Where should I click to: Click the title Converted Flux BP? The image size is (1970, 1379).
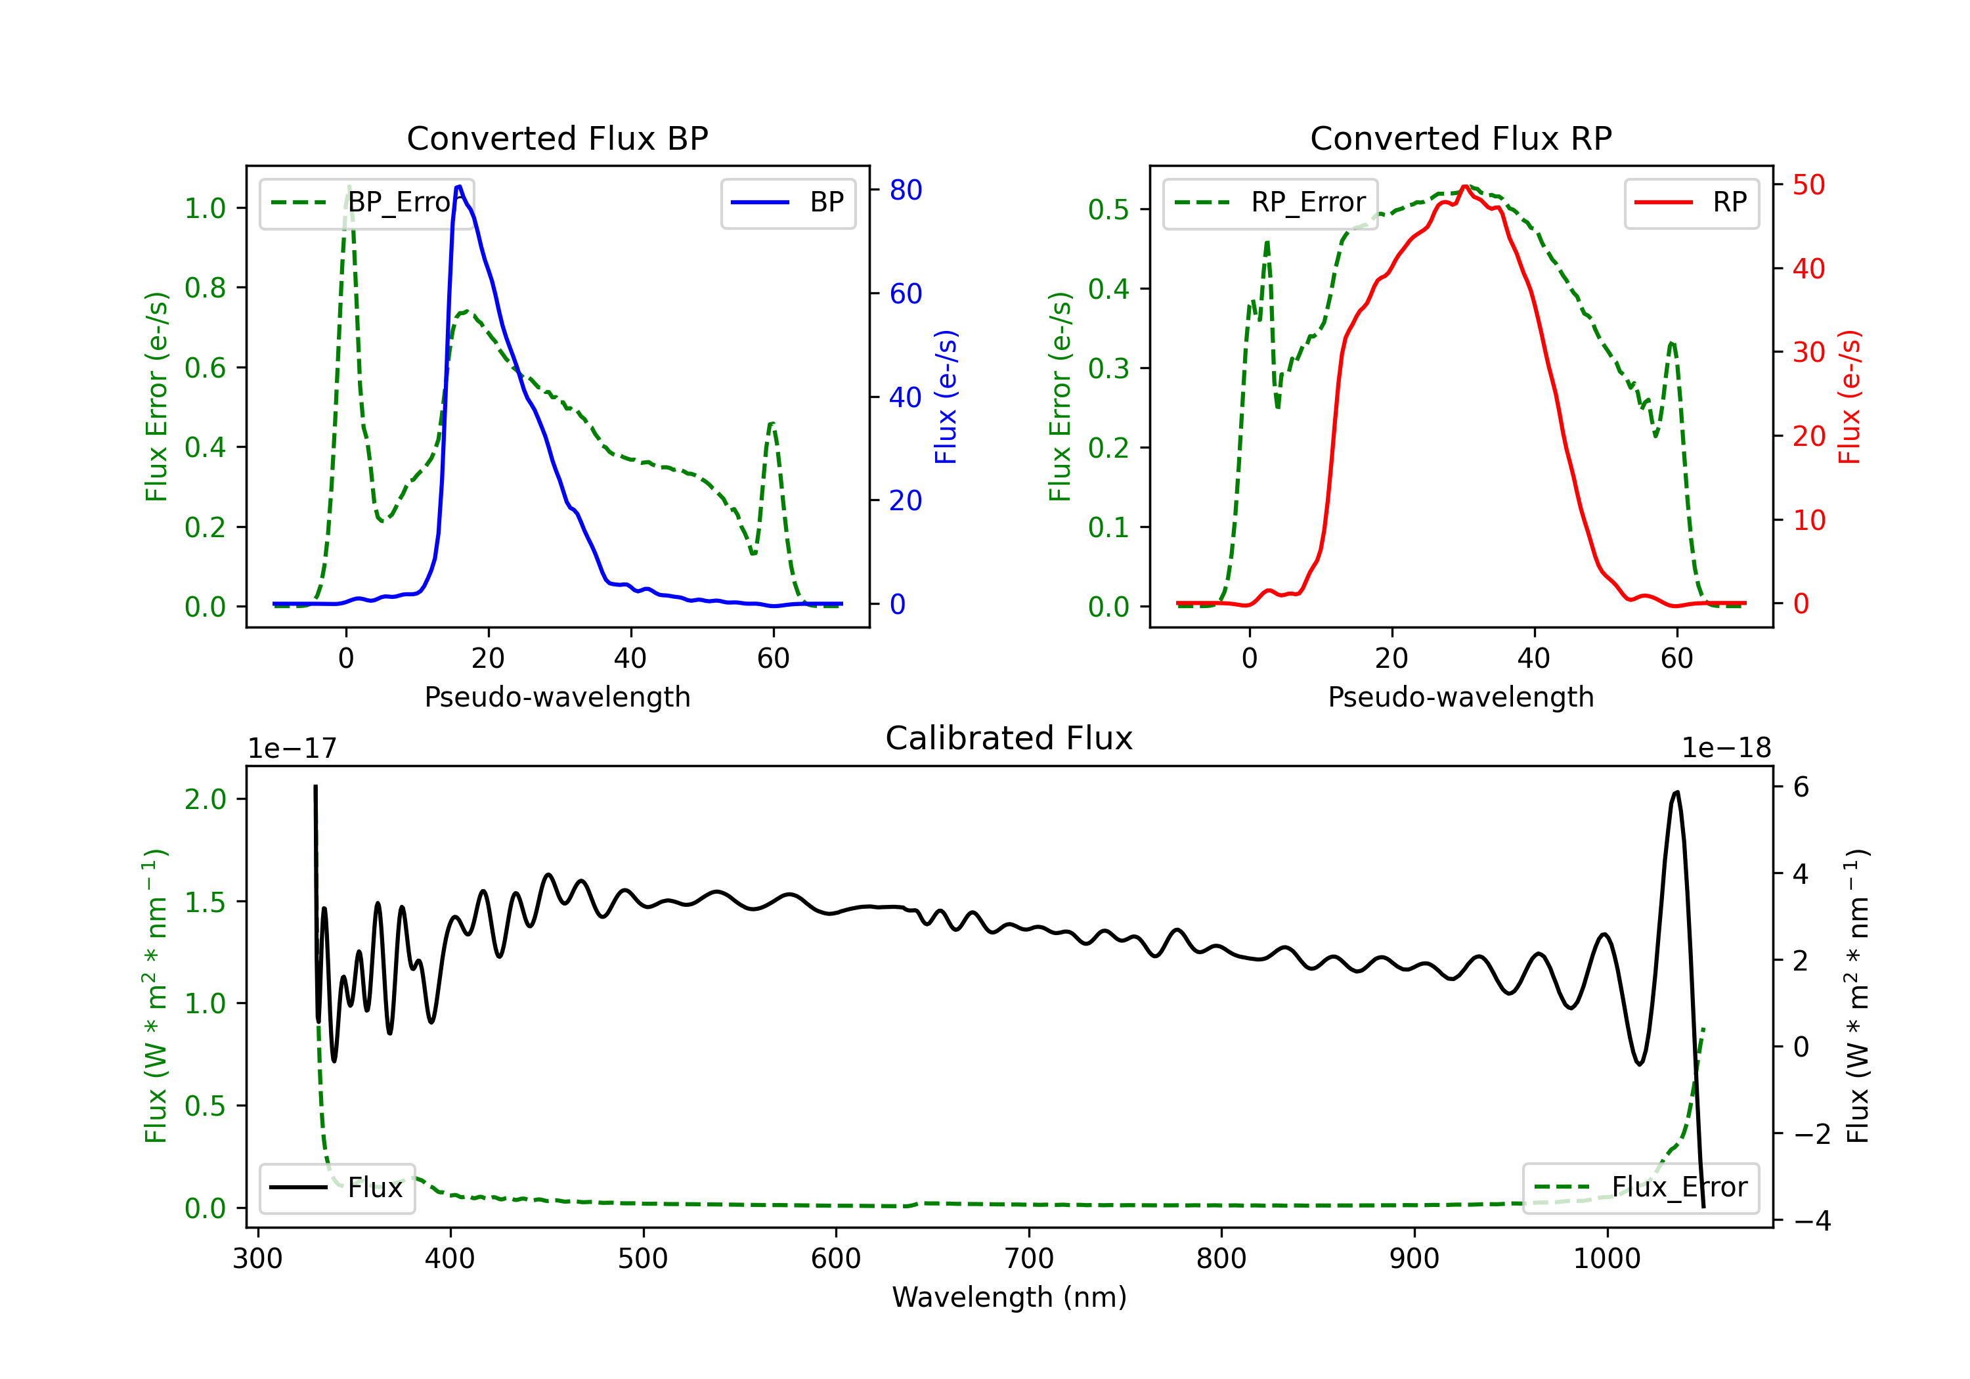click(557, 138)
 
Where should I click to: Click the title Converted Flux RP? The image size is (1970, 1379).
click(1460, 138)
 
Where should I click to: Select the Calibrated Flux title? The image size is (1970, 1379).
click(1009, 738)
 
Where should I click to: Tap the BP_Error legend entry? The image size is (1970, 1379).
click(366, 202)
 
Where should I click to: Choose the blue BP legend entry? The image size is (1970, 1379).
click(787, 202)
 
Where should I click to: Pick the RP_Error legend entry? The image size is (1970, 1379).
click(1270, 202)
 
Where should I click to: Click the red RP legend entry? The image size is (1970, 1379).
click(1691, 202)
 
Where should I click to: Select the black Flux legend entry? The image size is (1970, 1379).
click(336, 1188)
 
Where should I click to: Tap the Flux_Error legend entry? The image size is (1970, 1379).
click(1640, 1188)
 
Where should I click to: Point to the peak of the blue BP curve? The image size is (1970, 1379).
click(459, 186)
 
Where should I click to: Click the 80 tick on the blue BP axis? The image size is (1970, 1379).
click(905, 190)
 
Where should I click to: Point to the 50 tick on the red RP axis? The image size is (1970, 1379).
click(1808, 185)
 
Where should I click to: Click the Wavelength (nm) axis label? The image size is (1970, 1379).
click(1009, 1297)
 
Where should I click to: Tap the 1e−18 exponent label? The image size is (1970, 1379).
click(1726, 749)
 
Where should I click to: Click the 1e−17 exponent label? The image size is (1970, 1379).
click(292, 749)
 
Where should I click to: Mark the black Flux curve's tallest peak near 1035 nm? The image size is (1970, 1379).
click(1676, 792)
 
